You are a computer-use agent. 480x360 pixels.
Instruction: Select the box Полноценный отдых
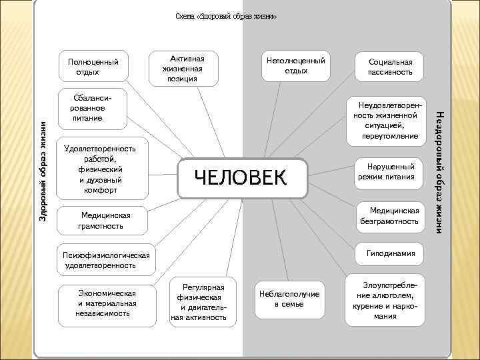[x=93, y=67]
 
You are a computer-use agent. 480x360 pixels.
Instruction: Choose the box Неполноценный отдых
[x=296, y=66]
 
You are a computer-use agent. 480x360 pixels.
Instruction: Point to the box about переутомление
[x=386, y=121]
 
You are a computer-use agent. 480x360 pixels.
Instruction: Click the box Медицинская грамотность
[x=101, y=221]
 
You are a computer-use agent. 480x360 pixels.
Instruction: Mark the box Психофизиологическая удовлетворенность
[x=107, y=260]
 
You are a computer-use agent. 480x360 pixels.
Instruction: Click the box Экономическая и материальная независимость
[x=107, y=303]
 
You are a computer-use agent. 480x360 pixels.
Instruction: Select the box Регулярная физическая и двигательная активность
[x=199, y=300]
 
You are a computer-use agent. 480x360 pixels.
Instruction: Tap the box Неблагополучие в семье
[x=289, y=299]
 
